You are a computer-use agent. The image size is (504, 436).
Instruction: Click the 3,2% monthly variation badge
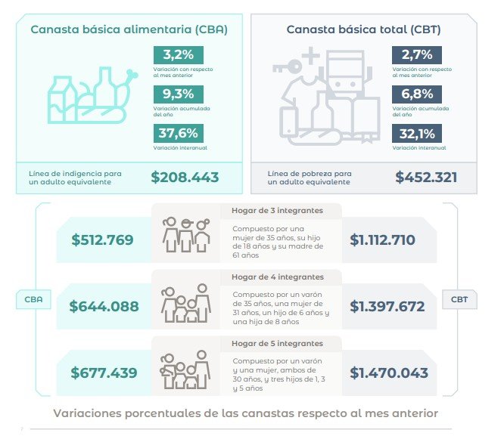[178, 55]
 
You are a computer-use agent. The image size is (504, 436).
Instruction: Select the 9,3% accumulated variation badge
[178, 94]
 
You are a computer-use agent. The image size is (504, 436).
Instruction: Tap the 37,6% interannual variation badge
[178, 134]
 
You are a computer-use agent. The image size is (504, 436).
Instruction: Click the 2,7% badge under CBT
[417, 55]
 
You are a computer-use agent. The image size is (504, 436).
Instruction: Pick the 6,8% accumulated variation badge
[417, 94]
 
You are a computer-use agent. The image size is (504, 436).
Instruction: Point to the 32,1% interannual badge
[417, 134]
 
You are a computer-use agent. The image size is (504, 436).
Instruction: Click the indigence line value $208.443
[185, 178]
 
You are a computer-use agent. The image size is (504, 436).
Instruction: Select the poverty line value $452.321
[426, 178]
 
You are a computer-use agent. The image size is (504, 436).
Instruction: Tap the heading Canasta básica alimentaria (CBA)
[129, 29]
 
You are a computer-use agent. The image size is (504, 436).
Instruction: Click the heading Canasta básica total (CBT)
[363, 29]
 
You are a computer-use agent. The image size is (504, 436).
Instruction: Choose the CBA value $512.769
[102, 240]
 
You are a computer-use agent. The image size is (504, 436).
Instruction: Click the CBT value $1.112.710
[383, 240]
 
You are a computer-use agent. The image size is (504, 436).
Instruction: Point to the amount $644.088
[104, 307]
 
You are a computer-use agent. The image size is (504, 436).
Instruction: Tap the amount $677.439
[104, 373]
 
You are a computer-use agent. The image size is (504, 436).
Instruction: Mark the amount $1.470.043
[389, 373]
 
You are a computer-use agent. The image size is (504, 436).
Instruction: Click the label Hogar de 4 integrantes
[277, 277]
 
